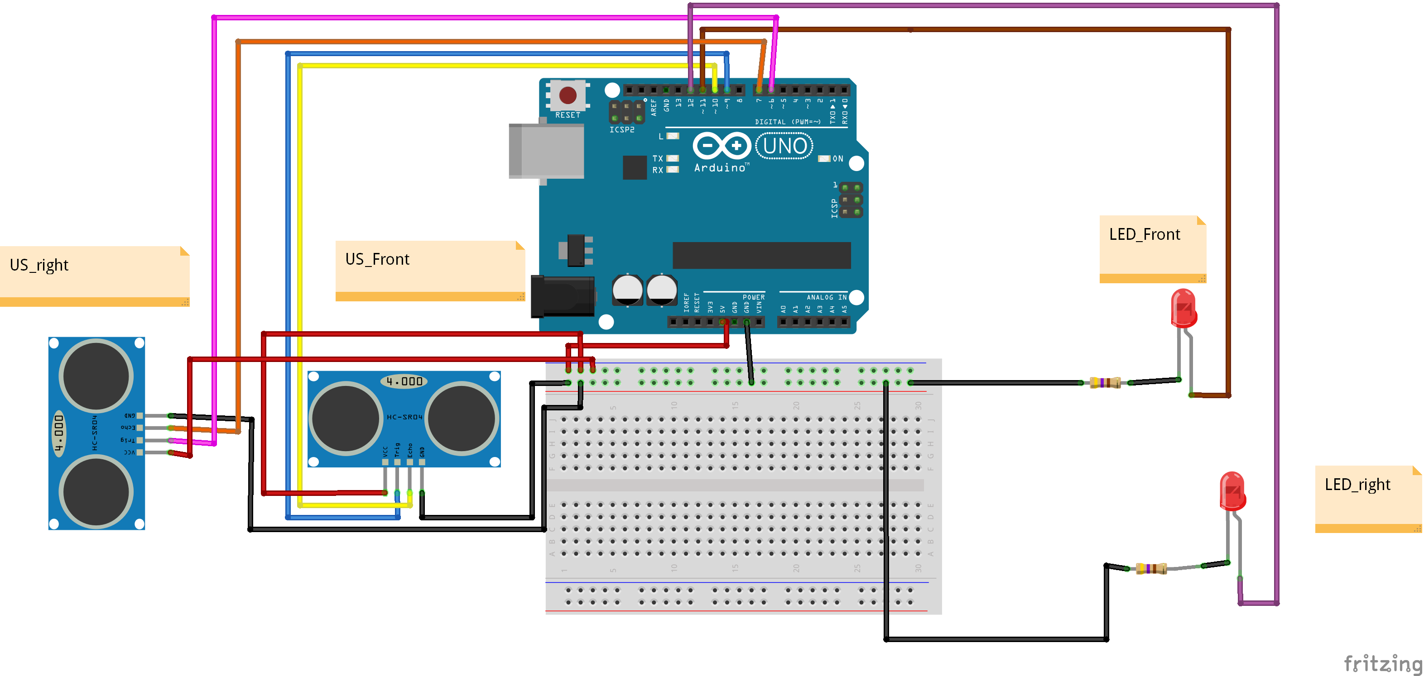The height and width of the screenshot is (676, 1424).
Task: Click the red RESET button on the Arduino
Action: coord(568,95)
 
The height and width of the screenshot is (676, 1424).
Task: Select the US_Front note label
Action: coord(377,259)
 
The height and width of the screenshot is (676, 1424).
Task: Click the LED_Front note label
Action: coord(1144,235)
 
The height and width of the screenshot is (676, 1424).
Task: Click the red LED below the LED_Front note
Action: coord(1183,308)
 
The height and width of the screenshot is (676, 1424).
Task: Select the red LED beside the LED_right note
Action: coord(1232,490)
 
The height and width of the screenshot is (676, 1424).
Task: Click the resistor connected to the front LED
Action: coord(1105,382)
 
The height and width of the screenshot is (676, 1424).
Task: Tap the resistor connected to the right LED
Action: coord(1151,568)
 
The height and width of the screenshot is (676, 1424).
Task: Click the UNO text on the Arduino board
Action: coord(784,146)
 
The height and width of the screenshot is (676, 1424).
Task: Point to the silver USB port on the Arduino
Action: coord(546,151)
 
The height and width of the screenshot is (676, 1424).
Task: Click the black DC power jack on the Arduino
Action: coord(562,296)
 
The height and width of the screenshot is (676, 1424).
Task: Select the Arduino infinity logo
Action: coord(721,146)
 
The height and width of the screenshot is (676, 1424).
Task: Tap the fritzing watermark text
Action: coord(1381,662)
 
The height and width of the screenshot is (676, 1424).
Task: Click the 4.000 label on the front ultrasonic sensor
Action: coord(404,381)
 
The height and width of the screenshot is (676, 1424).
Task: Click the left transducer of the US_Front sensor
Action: coord(346,418)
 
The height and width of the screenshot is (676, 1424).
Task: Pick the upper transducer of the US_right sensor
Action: coord(96,376)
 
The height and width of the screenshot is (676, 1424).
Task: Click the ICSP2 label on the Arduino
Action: coord(622,130)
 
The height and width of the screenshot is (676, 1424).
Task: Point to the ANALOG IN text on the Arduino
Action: coord(826,297)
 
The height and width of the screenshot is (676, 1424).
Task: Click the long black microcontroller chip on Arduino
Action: coord(761,255)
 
